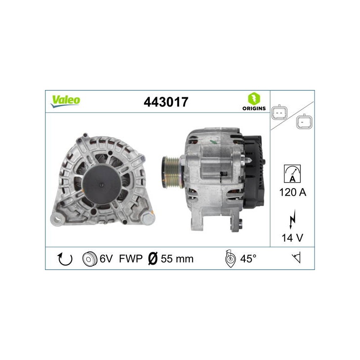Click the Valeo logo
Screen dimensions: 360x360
[x=65, y=101]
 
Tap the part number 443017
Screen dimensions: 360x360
[x=166, y=102]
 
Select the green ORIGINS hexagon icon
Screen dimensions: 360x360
[x=254, y=99]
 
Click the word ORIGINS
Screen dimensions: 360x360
[x=254, y=108]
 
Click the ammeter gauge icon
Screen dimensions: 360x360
[x=292, y=174]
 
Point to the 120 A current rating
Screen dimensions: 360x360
[x=292, y=192]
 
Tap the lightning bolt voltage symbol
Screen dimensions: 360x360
[x=292, y=219]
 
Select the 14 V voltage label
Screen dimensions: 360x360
[x=292, y=238]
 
